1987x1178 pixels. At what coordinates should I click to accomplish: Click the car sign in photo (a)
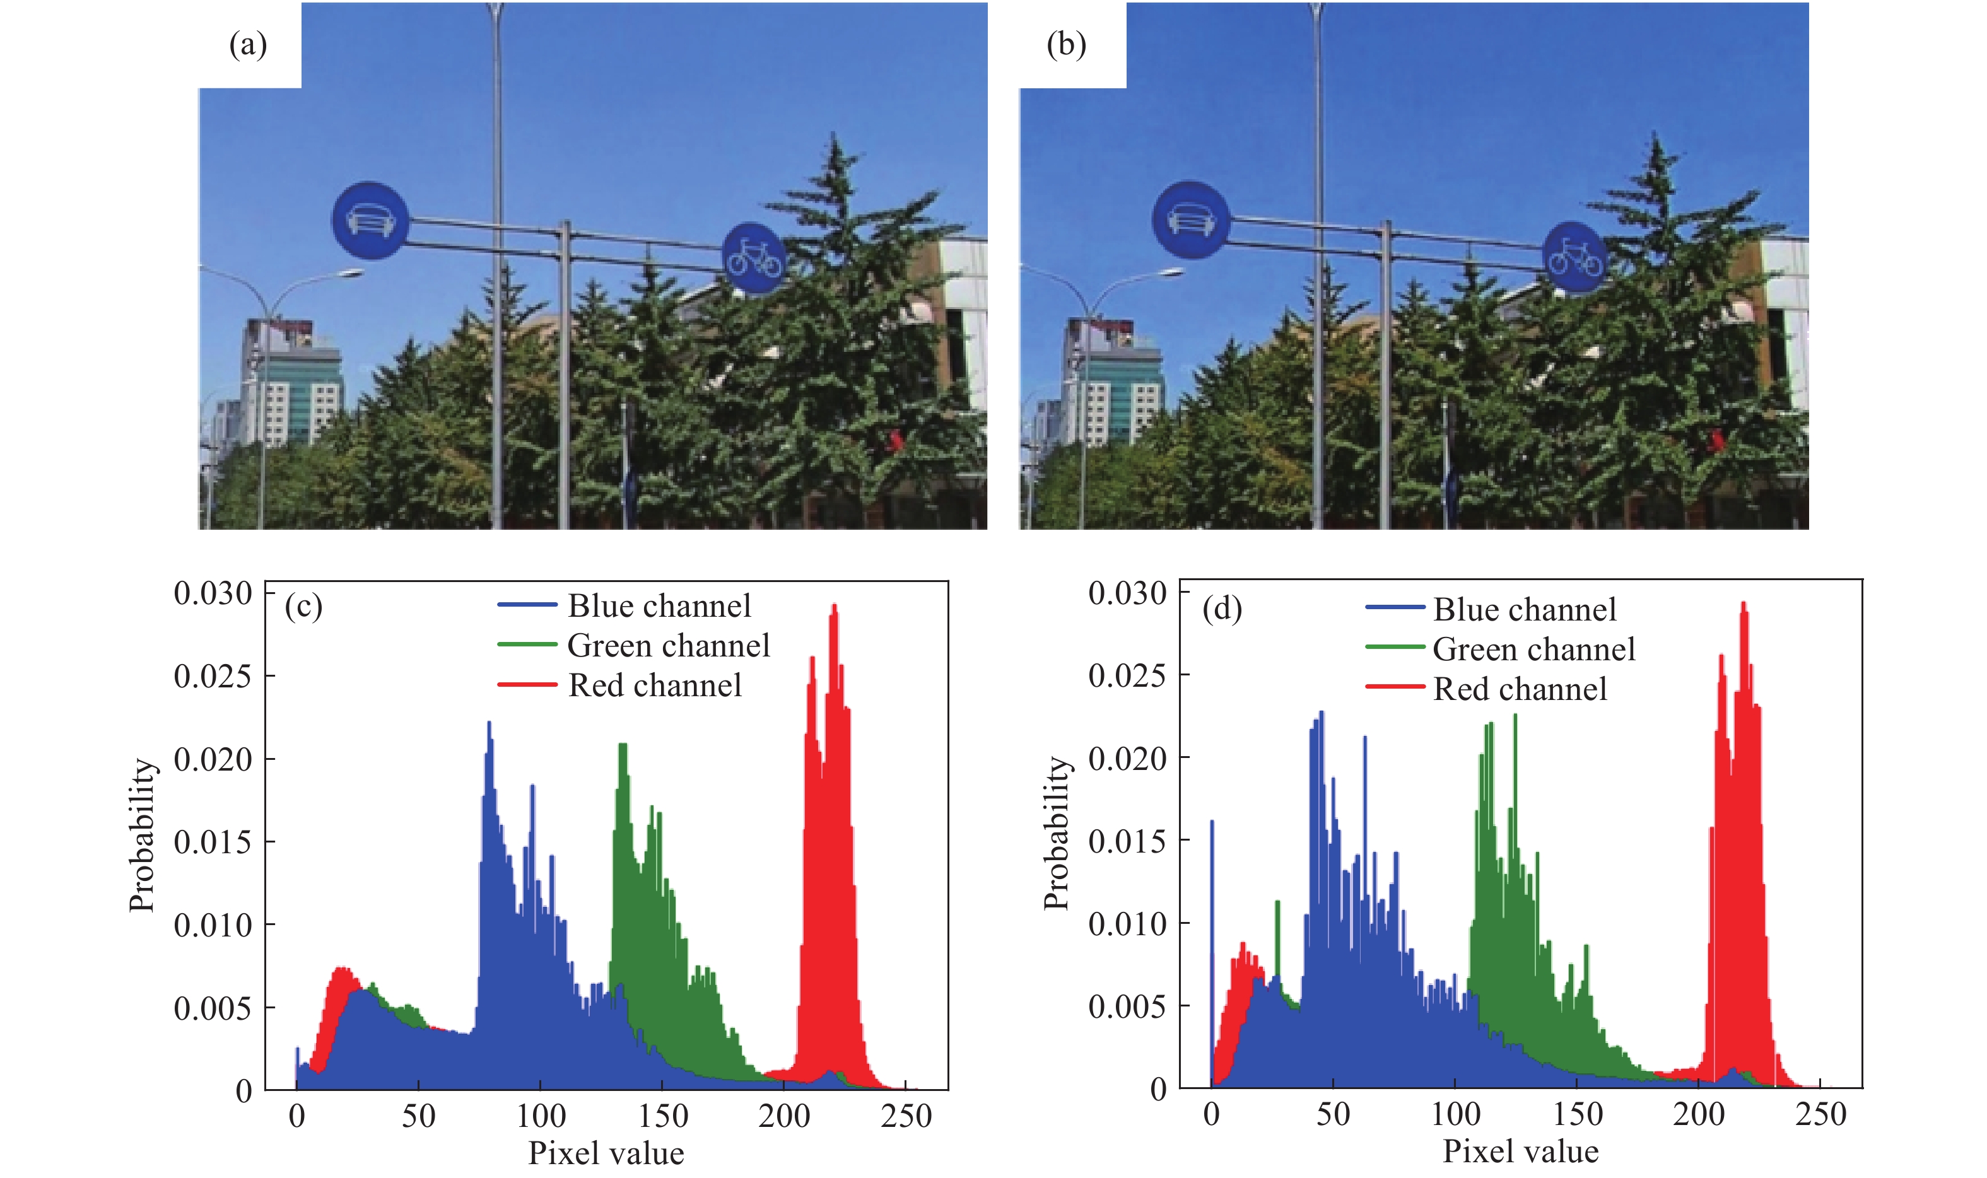370,220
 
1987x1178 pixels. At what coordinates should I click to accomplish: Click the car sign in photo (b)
1190,220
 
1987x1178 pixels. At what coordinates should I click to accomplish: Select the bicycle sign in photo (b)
1574,258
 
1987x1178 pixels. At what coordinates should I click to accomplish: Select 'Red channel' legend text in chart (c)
655,685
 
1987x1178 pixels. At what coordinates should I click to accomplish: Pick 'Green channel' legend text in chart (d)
1533,650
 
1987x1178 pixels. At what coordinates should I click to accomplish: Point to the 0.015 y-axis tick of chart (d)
1127,841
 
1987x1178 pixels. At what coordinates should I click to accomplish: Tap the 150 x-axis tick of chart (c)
663,1116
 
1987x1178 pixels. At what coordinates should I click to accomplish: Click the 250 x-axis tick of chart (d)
1821,1114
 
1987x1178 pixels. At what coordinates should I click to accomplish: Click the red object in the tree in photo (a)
896,440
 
